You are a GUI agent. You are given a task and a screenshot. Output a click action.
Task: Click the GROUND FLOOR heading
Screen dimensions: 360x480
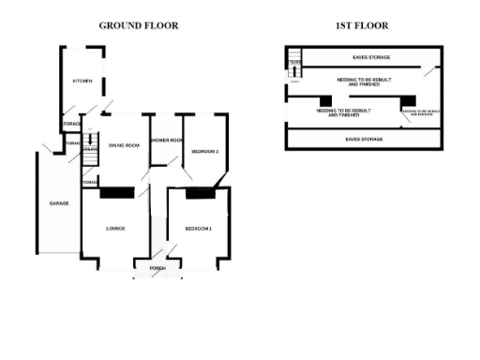139,25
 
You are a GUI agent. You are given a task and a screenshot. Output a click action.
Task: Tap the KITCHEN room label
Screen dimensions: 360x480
82,82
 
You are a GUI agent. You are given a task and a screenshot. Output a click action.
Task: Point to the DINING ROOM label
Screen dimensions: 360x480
124,145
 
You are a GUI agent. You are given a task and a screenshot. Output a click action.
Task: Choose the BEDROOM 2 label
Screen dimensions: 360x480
204,151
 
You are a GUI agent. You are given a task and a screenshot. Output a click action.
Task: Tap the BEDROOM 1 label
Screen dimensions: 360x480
198,228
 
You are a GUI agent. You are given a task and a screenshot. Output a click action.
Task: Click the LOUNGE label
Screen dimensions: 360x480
116,228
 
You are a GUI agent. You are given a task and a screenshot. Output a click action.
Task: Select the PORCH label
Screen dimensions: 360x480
157,268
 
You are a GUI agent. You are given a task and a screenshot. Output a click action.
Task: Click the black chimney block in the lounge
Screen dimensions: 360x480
117,193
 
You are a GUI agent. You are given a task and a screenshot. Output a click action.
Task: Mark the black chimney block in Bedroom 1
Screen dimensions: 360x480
199,193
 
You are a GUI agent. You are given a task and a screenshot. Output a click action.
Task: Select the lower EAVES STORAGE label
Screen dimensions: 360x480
364,139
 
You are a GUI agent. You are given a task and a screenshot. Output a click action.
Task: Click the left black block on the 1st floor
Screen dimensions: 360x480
325,100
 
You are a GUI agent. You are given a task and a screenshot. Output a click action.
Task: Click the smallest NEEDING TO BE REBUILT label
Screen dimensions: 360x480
419,112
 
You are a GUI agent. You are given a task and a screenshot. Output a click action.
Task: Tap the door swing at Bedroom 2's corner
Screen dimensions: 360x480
221,179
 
